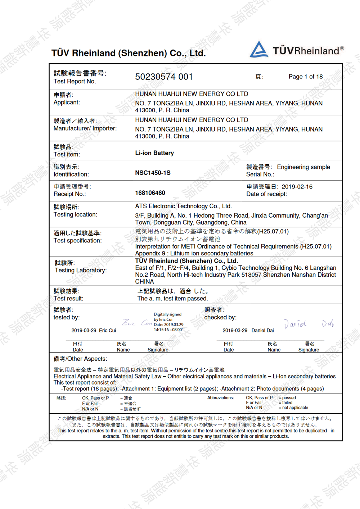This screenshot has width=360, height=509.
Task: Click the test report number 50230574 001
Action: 164,77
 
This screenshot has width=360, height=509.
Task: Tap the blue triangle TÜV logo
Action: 259,50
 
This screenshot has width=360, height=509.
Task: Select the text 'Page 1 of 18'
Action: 306,77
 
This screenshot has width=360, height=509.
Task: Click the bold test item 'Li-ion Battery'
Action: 154,153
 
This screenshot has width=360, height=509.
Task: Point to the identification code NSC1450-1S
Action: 153,173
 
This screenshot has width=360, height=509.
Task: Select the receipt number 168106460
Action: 150,193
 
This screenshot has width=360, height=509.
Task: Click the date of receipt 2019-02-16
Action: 297,187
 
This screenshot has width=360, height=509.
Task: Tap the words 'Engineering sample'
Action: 303,167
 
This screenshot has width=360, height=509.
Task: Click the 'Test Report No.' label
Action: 75,81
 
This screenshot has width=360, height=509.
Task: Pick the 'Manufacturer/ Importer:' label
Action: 85,128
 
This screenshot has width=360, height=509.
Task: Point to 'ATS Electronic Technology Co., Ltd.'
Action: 183,206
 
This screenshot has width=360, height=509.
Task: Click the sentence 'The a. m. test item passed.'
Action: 172,299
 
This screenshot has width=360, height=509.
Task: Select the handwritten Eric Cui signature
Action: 137,323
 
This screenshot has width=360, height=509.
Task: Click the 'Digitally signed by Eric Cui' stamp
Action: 168,322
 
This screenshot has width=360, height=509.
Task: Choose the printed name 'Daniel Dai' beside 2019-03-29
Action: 262,330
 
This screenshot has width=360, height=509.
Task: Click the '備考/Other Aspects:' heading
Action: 80,359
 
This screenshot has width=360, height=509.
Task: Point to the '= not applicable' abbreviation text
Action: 294,408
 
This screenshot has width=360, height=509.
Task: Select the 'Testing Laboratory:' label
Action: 81,270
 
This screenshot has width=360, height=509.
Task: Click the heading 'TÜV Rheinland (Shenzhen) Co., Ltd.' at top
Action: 129,53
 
